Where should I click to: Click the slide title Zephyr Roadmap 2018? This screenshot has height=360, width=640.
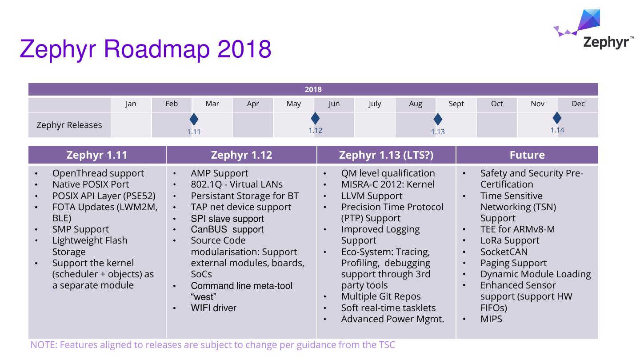coord(145,49)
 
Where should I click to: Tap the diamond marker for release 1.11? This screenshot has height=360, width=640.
coord(194,119)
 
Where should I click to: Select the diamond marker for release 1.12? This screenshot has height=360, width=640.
coord(315,118)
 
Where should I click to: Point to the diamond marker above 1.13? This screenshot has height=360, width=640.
coord(438,119)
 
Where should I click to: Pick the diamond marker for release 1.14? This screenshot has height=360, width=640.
coord(557,118)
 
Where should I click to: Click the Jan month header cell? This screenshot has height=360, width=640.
coord(131,104)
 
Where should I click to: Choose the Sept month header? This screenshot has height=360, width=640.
coord(456,104)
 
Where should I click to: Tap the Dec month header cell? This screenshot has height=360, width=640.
coord(578,104)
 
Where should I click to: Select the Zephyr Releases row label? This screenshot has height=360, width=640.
coord(69,125)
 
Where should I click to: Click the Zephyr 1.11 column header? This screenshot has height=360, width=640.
coord(97,155)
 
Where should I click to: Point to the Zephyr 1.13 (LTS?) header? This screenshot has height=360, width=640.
coord(386,155)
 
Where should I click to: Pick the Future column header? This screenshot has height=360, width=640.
coord(527,155)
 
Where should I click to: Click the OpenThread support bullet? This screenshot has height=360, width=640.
coord(98,173)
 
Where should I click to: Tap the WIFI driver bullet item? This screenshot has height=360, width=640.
coord(213,308)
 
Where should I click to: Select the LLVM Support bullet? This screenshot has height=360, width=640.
coord(372,196)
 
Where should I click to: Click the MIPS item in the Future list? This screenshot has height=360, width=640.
coord(491,319)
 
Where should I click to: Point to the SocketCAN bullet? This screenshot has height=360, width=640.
coord(504,252)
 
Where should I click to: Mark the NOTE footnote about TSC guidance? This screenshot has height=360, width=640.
coord(212,345)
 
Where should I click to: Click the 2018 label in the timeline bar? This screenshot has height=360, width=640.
coord(313,89)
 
